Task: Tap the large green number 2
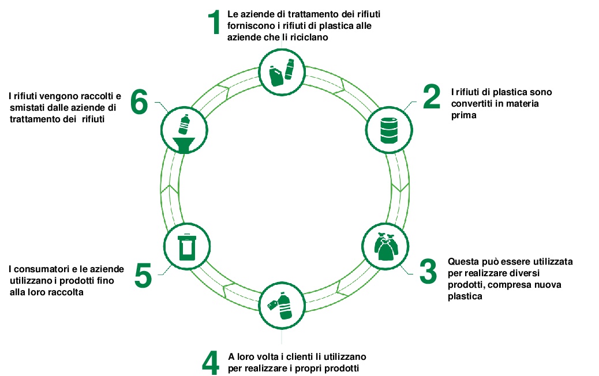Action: tap(431, 97)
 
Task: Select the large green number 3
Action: tap(428, 272)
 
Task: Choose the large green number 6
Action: tap(138, 103)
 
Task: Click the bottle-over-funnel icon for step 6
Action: tap(184, 133)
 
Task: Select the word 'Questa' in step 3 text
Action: tap(462, 261)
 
